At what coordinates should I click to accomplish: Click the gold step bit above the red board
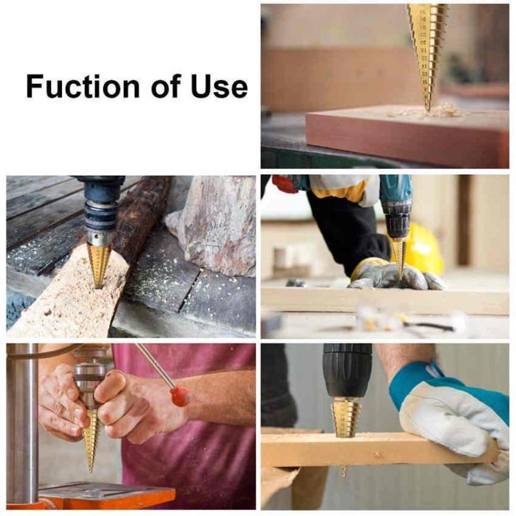[427, 48]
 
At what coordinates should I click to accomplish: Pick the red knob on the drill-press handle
[180, 395]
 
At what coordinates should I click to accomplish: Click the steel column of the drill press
[23, 419]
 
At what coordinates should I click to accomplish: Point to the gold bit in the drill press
[91, 439]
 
